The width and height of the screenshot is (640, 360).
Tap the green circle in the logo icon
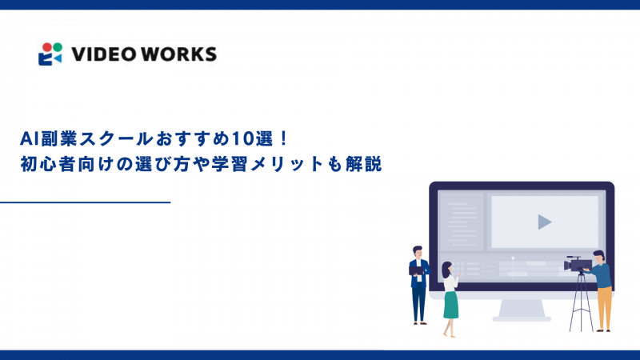[x=56, y=46]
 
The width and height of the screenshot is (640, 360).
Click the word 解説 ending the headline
[x=366, y=165]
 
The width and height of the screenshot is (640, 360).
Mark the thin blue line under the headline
[x=86, y=203]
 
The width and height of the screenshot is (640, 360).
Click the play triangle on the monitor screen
[x=544, y=222]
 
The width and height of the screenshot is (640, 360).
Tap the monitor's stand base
[x=522, y=318]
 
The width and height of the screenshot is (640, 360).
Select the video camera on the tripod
[x=578, y=263]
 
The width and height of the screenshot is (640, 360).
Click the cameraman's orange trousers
[x=604, y=305]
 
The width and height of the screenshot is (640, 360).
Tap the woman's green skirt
[x=451, y=303]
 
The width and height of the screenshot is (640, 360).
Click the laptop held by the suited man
[x=416, y=270]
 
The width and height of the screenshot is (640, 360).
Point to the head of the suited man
[x=417, y=251]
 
